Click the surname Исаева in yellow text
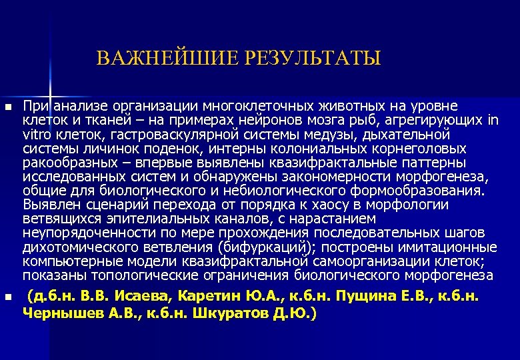point(142,296)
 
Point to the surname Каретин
point(211,296)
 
